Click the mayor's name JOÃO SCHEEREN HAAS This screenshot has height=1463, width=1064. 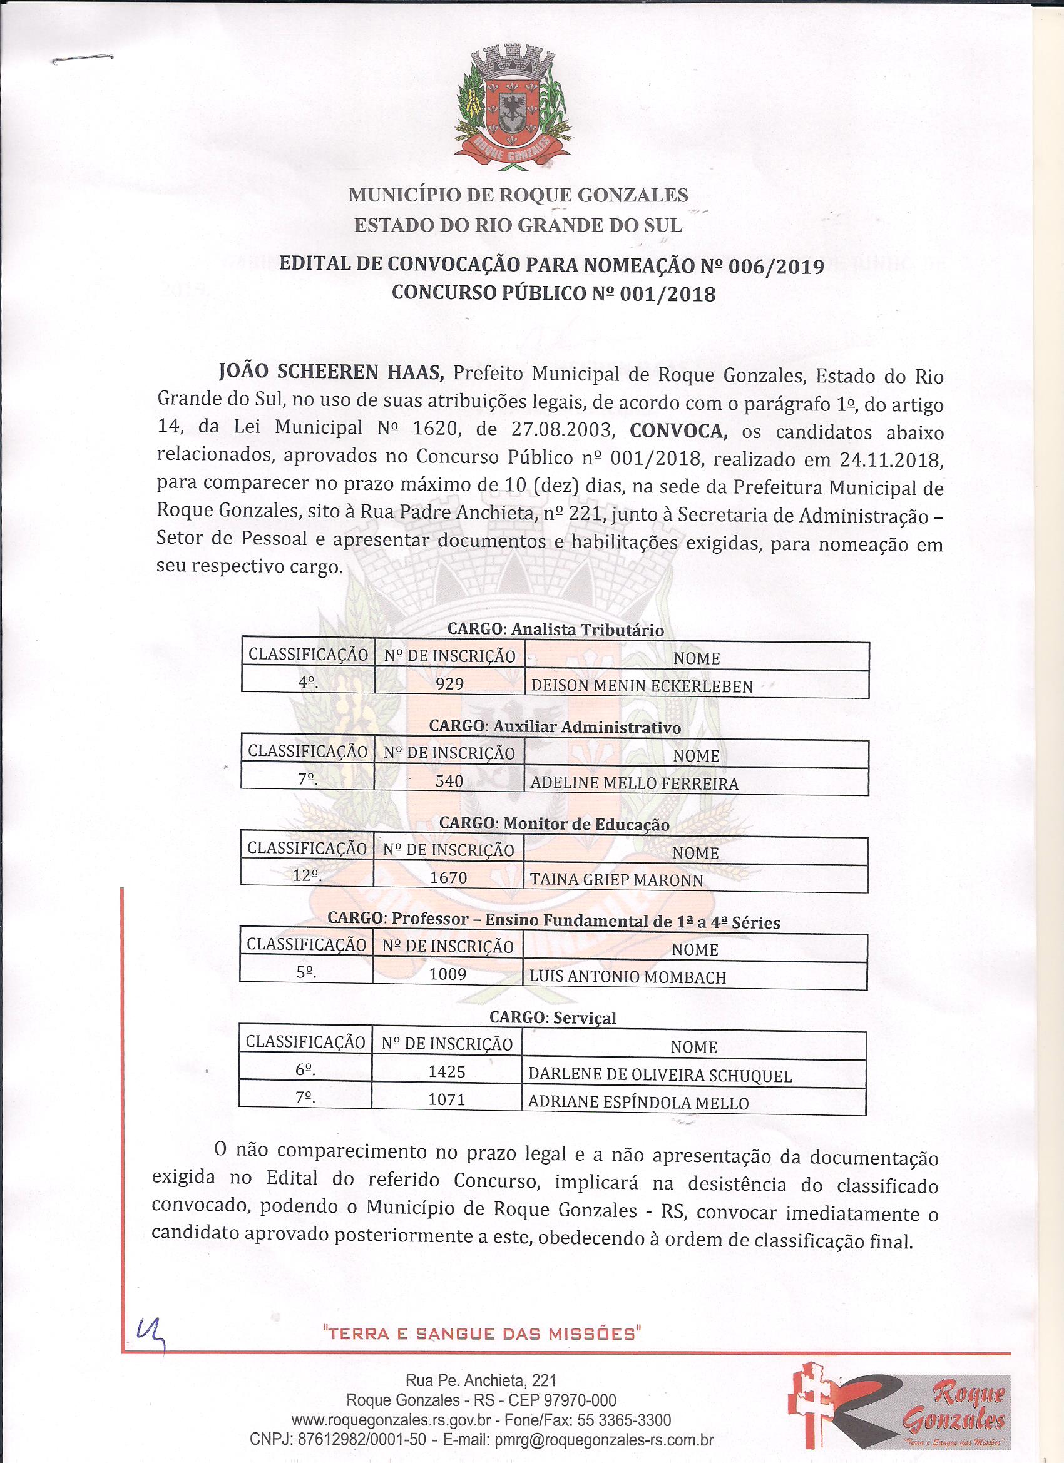coord(332,373)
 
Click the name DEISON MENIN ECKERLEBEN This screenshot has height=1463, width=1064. coord(642,686)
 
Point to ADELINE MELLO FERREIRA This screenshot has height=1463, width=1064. coord(633,783)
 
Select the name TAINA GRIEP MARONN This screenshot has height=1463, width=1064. coord(616,880)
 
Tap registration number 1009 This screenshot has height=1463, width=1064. coord(448,974)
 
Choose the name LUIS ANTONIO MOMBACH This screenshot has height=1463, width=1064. coord(627,977)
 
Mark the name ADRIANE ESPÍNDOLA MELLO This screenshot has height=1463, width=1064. coord(638,1103)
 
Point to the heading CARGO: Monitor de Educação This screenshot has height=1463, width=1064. coord(554,823)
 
